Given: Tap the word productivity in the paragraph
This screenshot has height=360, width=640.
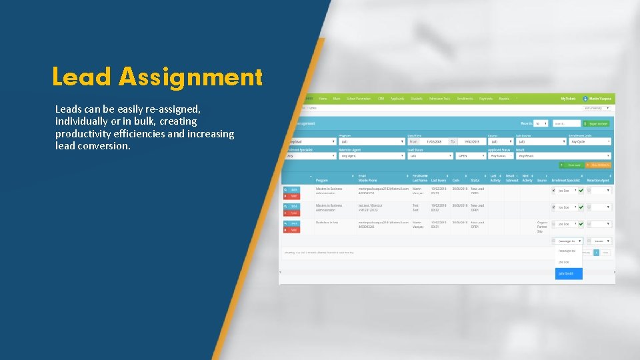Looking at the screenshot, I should click(x=84, y=133).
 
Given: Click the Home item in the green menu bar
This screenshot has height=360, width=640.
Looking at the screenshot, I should click(x=323, y=99).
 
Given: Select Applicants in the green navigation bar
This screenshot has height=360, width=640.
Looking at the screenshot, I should click(x=397, y=99).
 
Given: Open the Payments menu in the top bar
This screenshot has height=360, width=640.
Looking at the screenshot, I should click(x=486, y=99).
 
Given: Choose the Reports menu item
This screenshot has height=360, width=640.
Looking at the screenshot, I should click(x=504, y=99).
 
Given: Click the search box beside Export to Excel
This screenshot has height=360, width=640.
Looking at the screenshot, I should click(x=566, y=123).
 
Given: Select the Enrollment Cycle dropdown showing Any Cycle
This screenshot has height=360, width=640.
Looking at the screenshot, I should click(x=590, y=141).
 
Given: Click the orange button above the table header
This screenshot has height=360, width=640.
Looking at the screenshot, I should click(x=600, y=165).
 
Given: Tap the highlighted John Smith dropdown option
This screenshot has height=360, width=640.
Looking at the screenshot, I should click(x=569, y=273).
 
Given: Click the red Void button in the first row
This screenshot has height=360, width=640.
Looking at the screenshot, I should click(x=292, y=196).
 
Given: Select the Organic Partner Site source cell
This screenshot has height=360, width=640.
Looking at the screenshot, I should click(x=541, y=227).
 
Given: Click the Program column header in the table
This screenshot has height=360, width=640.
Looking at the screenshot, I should click(x=322, y=180).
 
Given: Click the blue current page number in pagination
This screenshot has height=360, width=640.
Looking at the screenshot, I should click(x=597, y=253).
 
